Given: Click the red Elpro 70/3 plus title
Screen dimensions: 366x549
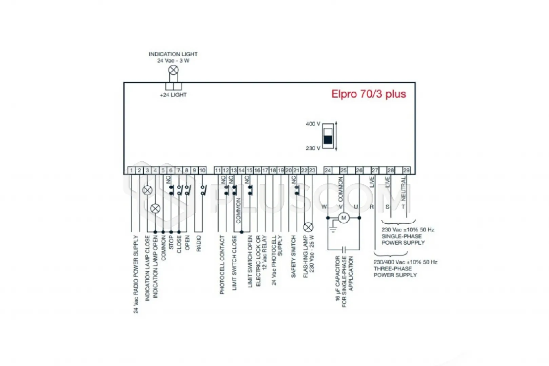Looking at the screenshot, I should pyautogui.click(x=369, y=94).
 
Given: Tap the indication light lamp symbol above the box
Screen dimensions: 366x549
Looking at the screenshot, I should pyautogui.click(x=173, y=70).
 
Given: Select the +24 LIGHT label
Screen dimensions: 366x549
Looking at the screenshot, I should pyautogui.click(x=173, y=95).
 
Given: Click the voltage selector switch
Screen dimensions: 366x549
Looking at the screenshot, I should pyautogui.click(x=328, y=136).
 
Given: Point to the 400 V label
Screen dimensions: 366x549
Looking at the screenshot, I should pyautogui.click(x=313, y=124).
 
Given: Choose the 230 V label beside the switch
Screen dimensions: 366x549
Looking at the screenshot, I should pyautogui.click(x=313, y=148).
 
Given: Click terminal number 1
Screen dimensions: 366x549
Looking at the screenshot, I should pyautogui.click(x=132, y=170).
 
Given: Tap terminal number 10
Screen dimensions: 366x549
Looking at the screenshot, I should pyautogui.click(x=202, y=170).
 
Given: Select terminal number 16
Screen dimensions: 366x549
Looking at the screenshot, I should pyautogui.click(x=257, y=170).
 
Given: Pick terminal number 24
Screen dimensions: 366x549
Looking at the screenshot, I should pyautogui.click(x=328, y=170).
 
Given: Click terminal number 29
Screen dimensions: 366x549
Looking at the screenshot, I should pyautogui.click(x=406, y=170).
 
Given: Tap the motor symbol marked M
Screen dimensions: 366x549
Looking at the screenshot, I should pyautogui.click(x=344, y=218).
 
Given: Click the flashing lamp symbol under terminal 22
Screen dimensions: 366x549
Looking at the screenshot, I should pyautogui.click(x=308, y=227).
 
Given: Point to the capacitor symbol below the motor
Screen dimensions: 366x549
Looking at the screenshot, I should pyautogui.click(x=344, y=250).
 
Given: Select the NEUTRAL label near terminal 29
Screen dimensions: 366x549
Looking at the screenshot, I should pyautogui.click(x=403, y=188).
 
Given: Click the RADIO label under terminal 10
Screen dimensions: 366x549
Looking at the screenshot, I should pyautogui.click(x=199, y=243).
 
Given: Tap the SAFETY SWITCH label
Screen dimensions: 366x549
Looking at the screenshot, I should pyautogui.click(x=293, y=257).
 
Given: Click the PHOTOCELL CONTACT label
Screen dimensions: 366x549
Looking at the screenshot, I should pyautogui.click(x=222, y=265).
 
